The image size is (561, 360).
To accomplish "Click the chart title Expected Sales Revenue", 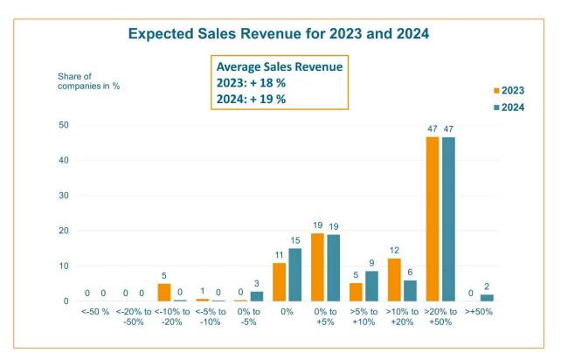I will (x=280, y=34).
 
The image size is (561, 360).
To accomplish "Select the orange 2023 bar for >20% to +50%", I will (x=432, y=218).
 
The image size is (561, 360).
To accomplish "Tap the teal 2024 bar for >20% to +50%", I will (x=447, y=218).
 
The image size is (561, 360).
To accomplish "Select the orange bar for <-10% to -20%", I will (x=164, y=292).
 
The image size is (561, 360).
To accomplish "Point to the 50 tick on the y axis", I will (x=63, y=125).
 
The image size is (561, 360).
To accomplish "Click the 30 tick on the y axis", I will (x=63, y=196).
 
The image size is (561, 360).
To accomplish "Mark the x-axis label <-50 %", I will (x=95, y=313).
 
